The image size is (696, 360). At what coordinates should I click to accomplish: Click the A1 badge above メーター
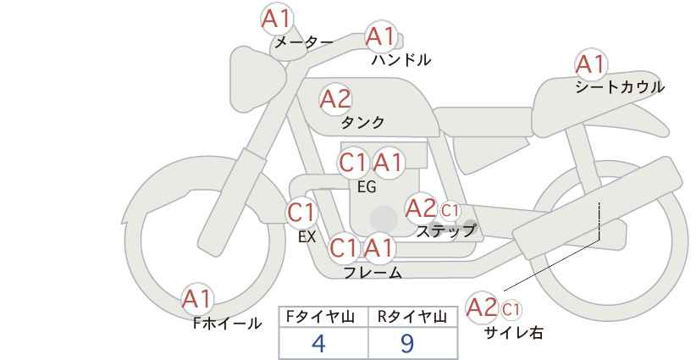pos(277,19)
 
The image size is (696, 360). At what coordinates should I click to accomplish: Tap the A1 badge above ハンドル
pos(381,36)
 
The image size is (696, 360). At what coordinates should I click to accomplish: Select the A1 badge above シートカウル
pos(591,64)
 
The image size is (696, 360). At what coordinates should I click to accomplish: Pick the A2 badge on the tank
pos(335,99)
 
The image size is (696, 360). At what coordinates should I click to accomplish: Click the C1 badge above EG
pos(353,163)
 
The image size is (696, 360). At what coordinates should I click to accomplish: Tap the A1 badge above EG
pos(388,163)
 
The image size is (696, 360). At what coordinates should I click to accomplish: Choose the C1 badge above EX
pos(301,213)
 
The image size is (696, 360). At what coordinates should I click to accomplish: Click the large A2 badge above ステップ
pos(421,208)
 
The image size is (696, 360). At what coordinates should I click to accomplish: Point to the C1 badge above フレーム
pos(344,247)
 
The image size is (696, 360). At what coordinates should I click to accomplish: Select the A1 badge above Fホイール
pos(197,299)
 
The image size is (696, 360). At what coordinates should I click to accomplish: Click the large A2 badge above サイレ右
pos(482,307)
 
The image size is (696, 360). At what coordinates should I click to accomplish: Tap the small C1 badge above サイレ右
pos(511,309)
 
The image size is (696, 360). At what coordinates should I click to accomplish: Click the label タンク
pos(362,122)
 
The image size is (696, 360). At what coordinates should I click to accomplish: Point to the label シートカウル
pos(620,87)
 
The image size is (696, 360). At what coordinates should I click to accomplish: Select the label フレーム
pos(373,273)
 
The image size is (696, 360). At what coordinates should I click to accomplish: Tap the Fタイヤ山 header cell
pos(323,317)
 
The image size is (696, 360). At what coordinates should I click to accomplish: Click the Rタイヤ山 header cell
pos(413,317)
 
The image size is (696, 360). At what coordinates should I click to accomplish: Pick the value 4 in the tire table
pos(318,343)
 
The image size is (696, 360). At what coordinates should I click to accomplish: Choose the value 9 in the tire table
pos(407,343)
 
